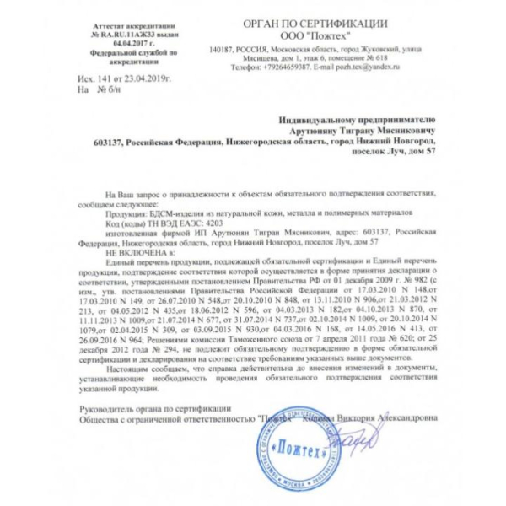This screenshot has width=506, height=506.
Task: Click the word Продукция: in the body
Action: pos(124,213)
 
